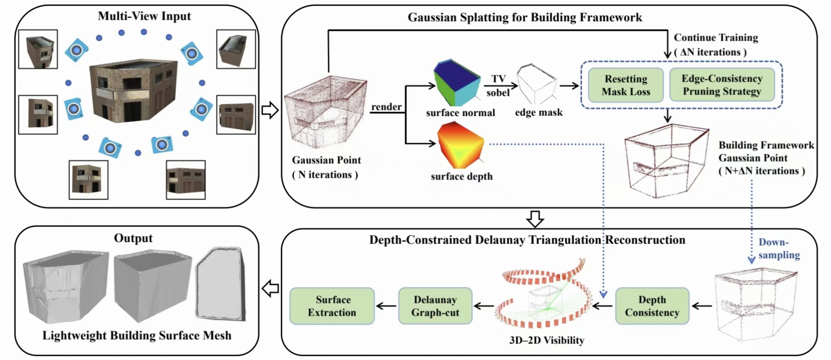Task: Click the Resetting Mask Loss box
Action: [626, 85]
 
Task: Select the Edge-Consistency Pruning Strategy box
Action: [722, 85]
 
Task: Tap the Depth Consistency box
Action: [652, 306]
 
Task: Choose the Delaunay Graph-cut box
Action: [435, 306]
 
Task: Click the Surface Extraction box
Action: [332, 306]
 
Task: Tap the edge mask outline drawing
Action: [537, 84]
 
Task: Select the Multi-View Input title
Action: [144, 16]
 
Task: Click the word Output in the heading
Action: [133, 238]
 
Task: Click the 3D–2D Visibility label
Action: [547, 340]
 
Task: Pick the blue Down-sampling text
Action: [778, 249]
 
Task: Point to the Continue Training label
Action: [716, 38]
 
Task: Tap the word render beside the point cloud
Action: [386, 107]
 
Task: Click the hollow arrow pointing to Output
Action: [270, 288]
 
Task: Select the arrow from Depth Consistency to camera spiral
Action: [604, 306]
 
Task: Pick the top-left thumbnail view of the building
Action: [38, 49]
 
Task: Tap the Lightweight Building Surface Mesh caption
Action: [137, 336]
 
